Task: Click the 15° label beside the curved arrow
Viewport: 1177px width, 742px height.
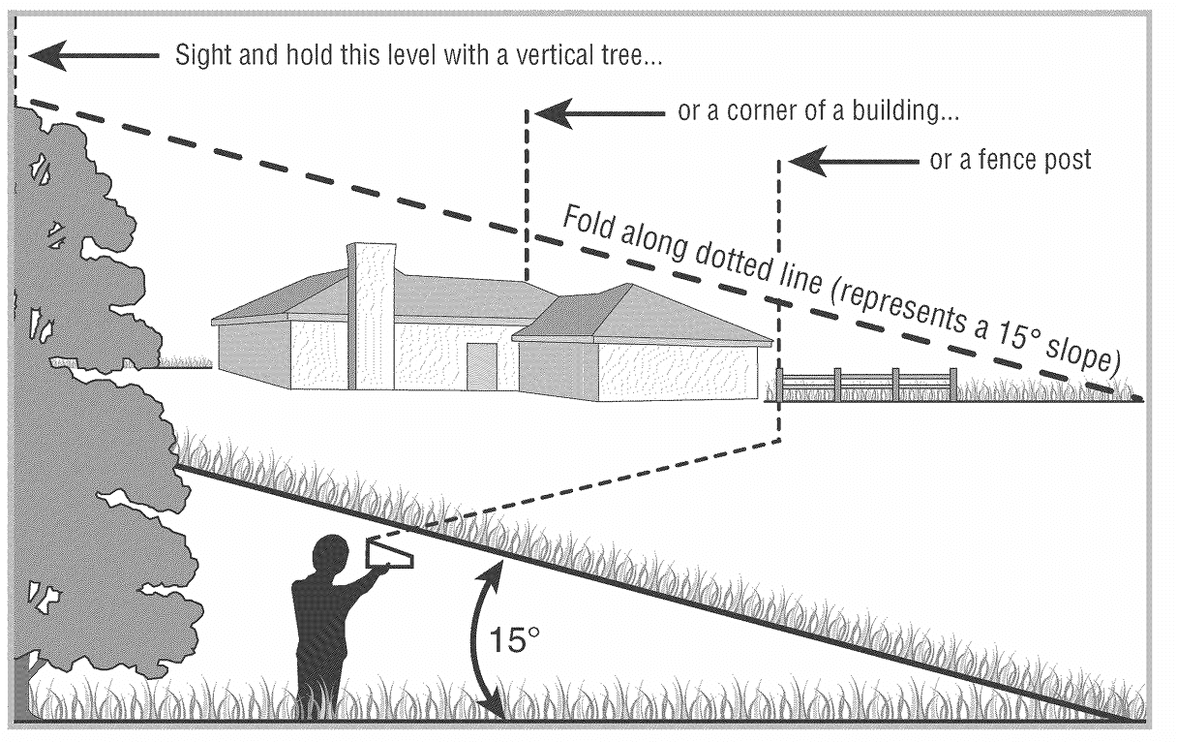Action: [512, 640]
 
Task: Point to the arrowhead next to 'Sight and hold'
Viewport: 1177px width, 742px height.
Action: [47, 56]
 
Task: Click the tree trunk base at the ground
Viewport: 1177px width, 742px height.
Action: [23, 693]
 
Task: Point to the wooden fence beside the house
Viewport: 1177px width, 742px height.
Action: [867, 385]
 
